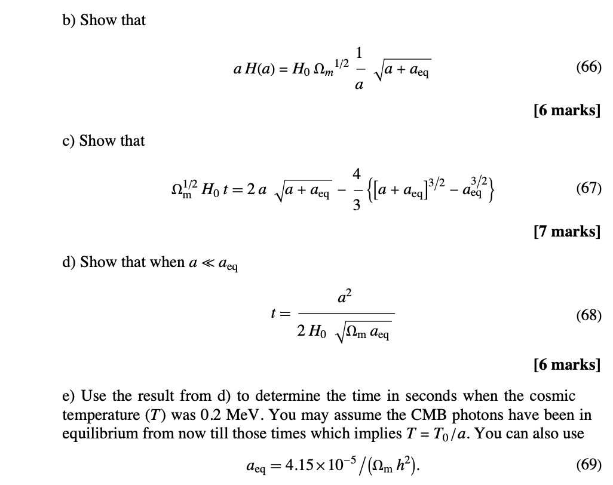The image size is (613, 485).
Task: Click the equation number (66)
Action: point(589,67)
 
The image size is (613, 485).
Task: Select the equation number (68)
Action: point(589,315)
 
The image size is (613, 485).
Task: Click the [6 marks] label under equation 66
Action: point(566,110)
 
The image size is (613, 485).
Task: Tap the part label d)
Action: point(69,262)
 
